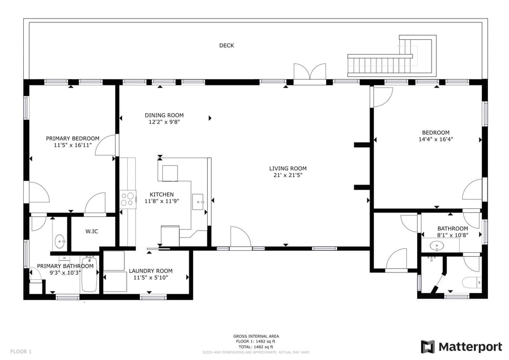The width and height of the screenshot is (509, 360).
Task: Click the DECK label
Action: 226,46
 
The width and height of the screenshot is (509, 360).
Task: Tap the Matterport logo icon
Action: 428,347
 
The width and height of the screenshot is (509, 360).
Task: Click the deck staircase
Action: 380,65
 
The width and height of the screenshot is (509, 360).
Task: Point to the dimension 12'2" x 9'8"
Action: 164,122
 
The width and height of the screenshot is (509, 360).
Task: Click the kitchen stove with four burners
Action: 128,199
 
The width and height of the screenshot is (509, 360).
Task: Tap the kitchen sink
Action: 199,200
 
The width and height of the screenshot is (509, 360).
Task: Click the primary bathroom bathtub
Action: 90,276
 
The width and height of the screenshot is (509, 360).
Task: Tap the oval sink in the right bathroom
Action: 437,245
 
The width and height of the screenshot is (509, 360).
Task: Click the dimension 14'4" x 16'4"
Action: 435,139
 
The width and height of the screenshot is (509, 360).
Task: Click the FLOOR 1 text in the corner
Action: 21,351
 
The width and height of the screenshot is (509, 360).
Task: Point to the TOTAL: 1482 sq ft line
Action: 256,346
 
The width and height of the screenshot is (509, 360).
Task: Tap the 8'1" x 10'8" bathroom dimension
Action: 452,235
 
